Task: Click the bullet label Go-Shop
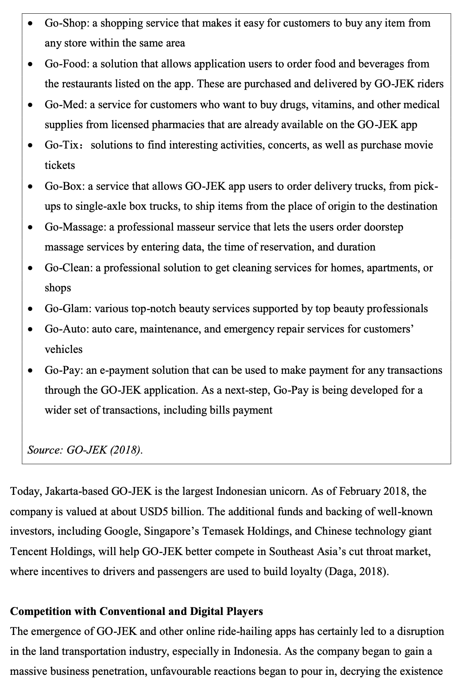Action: [x=66, y=23]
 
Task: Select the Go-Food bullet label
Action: [x=66, y=64]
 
